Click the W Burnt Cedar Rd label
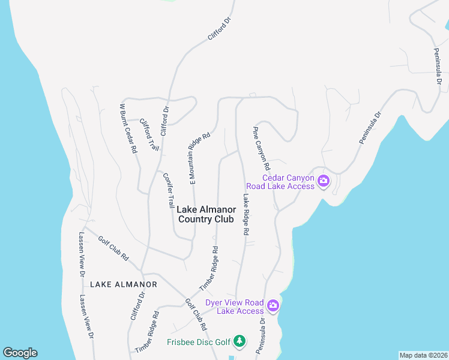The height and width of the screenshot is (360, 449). tap(128, 128)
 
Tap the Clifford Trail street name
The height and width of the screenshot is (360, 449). tap(149, 134)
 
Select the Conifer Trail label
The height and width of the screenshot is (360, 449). tap(169, 190)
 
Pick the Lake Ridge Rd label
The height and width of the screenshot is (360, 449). tap(247, 214)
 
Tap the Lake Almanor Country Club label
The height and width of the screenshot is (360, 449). tap(206, 214)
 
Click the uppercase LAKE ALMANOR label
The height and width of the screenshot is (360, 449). tap(124, 284)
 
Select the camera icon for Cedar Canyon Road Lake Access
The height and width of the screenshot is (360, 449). tap(324, 181)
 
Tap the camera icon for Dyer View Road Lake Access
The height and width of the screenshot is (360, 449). tap(273, 306)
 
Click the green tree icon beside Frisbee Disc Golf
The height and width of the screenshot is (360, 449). tap(240, 341)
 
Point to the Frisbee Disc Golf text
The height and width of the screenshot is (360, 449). tap(199, 343)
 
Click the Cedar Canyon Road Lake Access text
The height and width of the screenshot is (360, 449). tap(289, 181)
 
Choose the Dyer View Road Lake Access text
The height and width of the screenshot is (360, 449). tap(235, 307)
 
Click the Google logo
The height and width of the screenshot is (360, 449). tap(20, 353)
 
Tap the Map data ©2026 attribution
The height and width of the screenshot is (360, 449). tap(423, 355)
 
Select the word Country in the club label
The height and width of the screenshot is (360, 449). tap(197, 220)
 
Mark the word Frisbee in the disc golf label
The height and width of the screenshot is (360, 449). tap(181, 343)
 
